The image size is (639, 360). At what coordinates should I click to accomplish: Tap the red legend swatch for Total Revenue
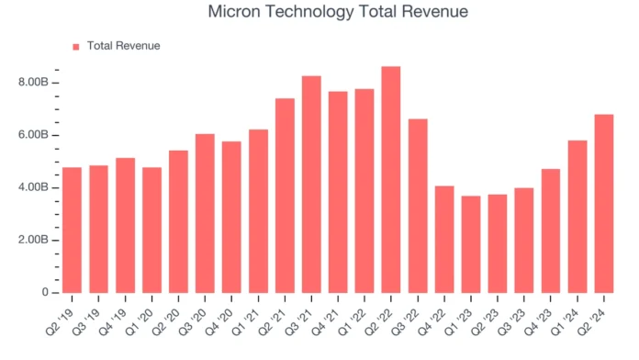(76, 46)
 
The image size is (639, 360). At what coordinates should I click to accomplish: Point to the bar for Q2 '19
(72, 230)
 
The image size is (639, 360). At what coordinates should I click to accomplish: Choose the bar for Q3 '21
(311, 184)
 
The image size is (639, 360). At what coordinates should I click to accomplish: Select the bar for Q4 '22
(444, 239)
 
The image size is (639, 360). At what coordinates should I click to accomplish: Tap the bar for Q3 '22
(418, 206)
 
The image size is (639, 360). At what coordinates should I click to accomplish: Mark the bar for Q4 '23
(551, 231)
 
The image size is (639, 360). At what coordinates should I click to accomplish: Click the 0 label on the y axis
(44, 292)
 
